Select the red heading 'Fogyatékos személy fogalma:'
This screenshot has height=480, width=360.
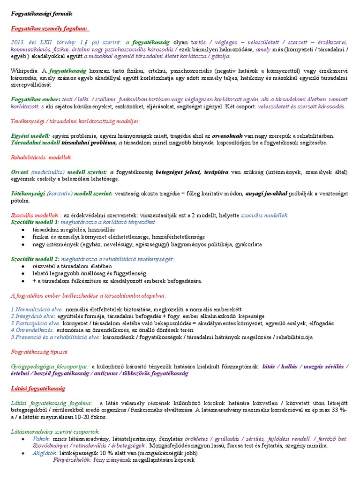pyautogui.click(x=49, y=29)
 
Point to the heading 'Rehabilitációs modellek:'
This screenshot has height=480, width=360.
pyautogui.click(x=41, y=157)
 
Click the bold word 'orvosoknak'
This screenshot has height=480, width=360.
pyautogui.click(x=227, y=135)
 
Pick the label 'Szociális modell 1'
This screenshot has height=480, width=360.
pyautogui.click(x=35, y=222)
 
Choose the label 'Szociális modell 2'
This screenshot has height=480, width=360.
pyautogui.click(x=35, y=259)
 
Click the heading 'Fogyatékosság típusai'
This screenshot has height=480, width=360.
pyautogui.click(x=39, y=351)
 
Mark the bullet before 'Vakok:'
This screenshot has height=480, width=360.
pyautogui.click(x=24, y=439)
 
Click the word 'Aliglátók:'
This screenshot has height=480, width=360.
pyautogui.click(x=45, y=453)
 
